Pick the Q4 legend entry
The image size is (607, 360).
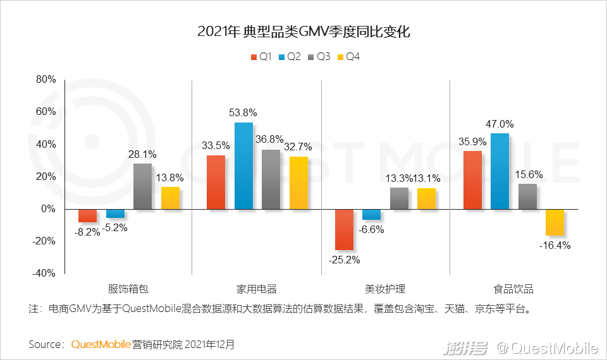coord(349,57)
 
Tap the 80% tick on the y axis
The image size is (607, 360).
coord(46,80)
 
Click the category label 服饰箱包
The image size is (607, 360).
coord(128,289)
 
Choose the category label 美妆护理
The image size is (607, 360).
coord(385,289)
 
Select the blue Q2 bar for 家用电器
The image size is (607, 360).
coord(243,165)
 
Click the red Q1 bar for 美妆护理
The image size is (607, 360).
coord(344,229)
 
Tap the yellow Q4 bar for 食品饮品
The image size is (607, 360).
coord(555,222)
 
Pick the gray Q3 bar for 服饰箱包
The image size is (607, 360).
coord(142,186)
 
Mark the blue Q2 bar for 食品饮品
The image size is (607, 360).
coord(500,171)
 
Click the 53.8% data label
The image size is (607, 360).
coord(243,112)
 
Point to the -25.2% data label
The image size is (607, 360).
coord(343,260)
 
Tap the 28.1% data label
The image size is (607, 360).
coord(142,154)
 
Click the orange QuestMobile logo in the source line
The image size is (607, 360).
coord(101,345)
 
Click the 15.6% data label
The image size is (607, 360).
coord(527,174)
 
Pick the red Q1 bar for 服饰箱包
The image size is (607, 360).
coord(87,216)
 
